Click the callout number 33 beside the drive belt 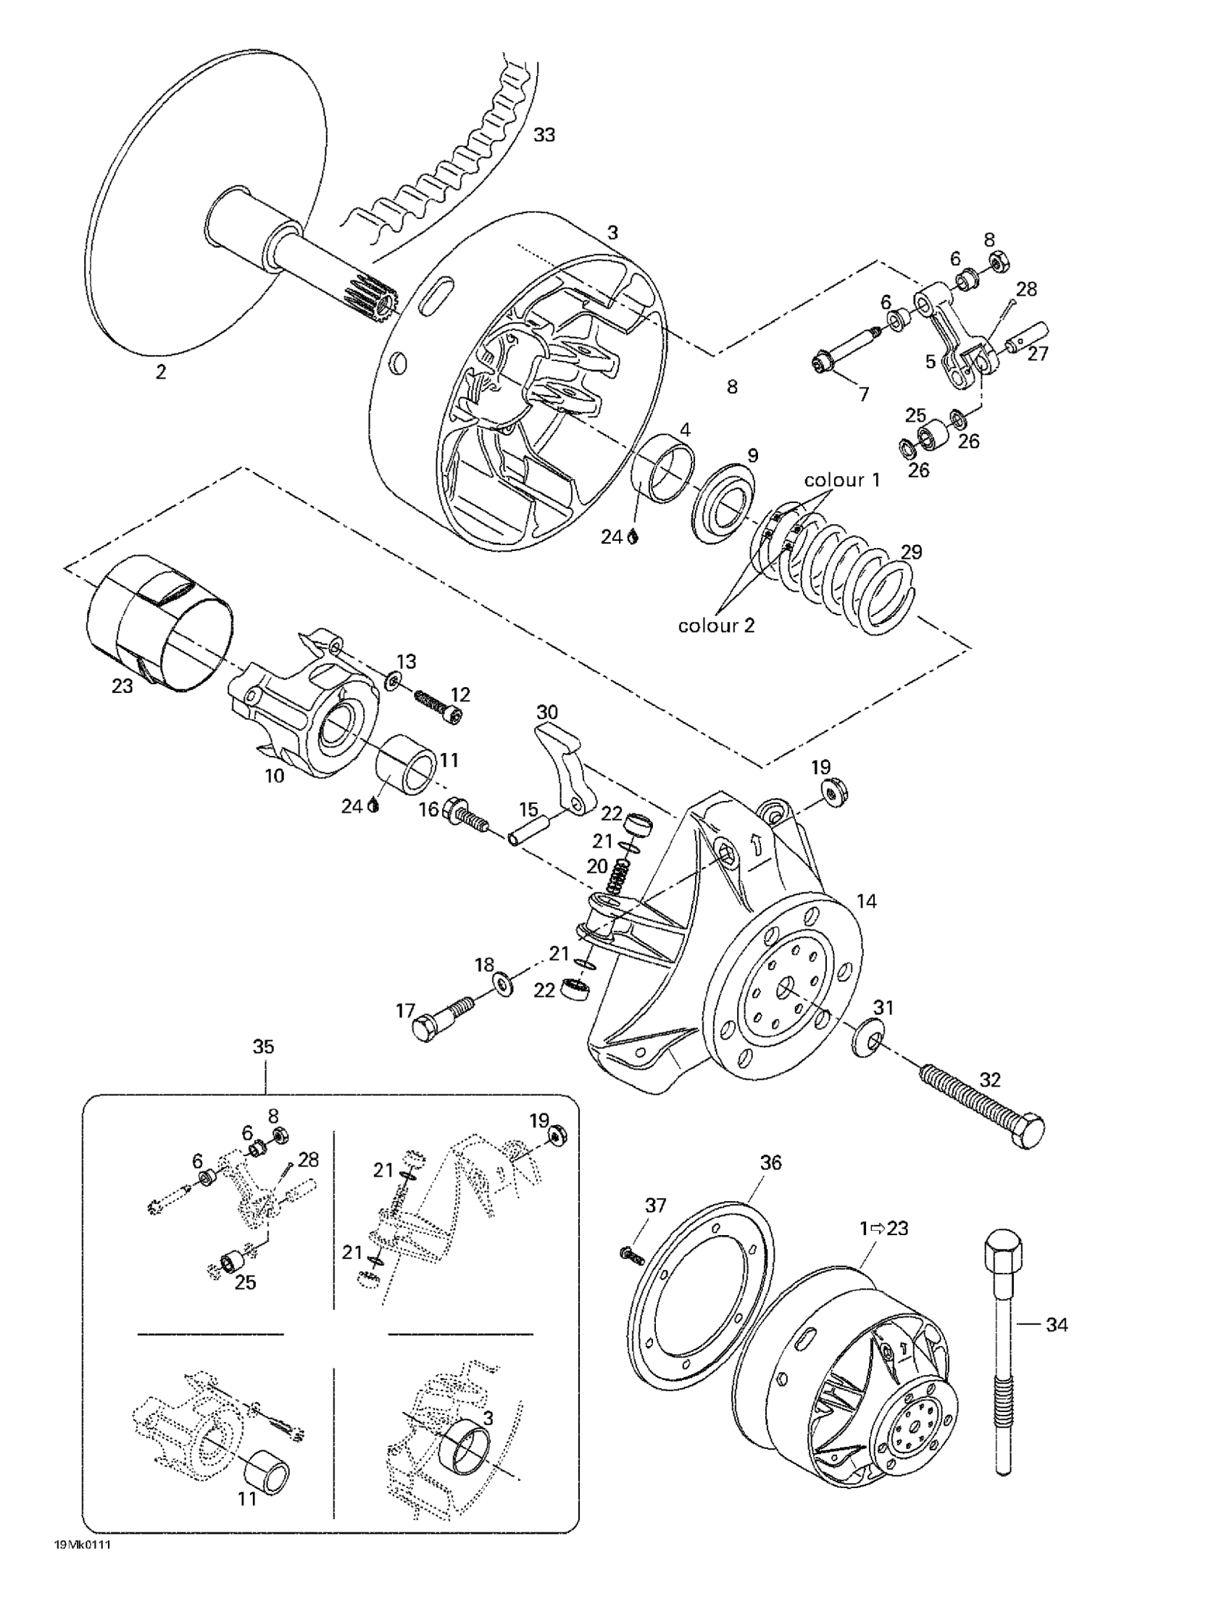[x=544, y=135]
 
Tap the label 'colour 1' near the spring [x=842, y=481]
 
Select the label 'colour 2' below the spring [x=716, y=626]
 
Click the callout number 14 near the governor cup [x=866, y=901]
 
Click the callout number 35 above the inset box [x=263, y=1047]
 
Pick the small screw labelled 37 [x=630, y=1255]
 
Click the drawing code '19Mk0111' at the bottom [x=86, y=1566]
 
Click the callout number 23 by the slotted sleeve [x=122, y=686]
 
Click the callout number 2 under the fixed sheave [x=160, y=372]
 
